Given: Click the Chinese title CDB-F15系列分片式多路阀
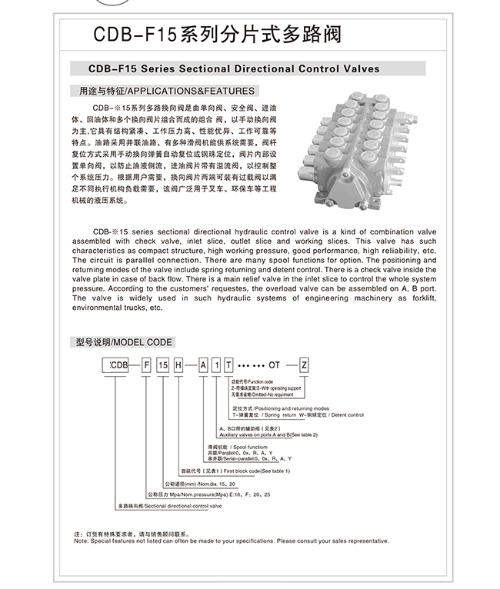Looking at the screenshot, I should pyautogui.click(x=217, y=35).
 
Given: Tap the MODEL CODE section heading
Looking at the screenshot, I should pyautogui.click(x=124, y=342).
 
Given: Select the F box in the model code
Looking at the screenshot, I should pyautogui.click(x=145, y=365).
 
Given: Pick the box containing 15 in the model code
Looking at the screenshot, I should pyautogui.click(x=162, y=365).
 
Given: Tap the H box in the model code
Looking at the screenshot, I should pyautogui.click(x=178, y=365).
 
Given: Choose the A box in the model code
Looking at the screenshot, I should pyautogui.click(x=204, y=365).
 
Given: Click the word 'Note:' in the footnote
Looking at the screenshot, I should pyautogui.click(x=81, y=541).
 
